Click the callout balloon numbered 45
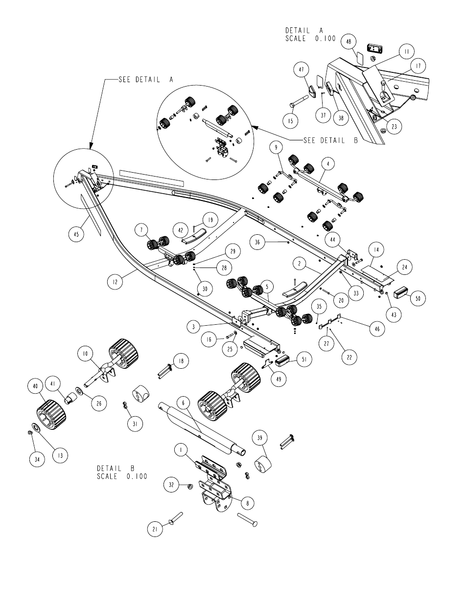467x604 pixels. point(76,234)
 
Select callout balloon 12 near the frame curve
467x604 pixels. point(115,282)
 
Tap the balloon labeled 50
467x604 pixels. point(418,298)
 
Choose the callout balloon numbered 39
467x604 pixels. point(260,438)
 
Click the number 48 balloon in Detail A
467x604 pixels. point(349,42)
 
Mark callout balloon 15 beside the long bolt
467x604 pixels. point(290,121)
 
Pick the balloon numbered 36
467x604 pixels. point(257,242)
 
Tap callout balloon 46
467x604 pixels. point(377,329)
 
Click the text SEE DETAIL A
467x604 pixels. point(146,80)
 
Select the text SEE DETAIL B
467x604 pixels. point(330,140)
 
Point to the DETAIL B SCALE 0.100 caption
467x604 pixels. point(122,472)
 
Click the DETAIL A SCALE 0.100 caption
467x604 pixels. point(310,34)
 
